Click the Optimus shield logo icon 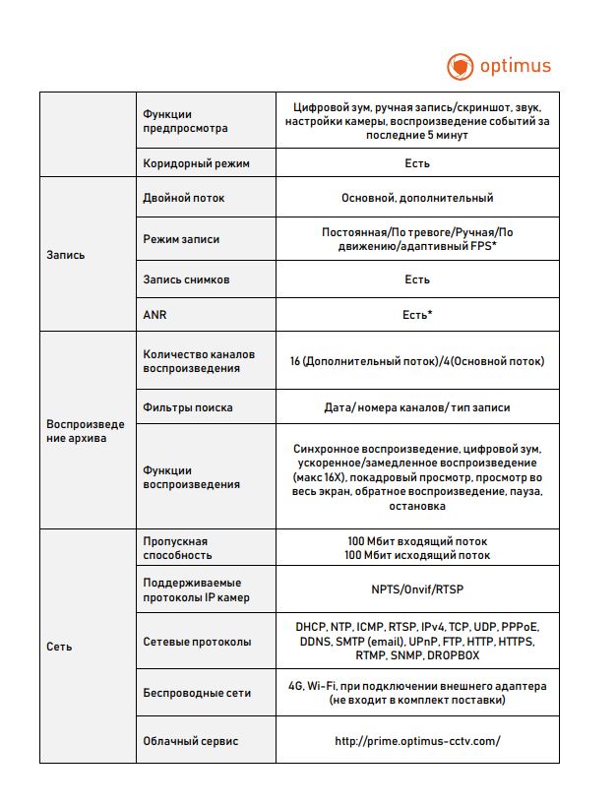(460, 67)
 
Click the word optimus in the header (515, 67)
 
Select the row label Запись (66, 255)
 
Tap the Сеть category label (59, 647)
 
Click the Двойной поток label (184, 198)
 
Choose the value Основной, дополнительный (417, 198)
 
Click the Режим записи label (182, 239)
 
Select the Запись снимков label (187, 279)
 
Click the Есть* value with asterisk (417, 314)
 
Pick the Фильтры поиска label (188, 407)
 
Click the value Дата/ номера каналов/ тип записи (417, 407)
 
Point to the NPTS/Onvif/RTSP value (417, 590)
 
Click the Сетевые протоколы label (197, 642)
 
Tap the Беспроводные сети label (197, 693)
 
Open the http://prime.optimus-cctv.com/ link (417, 741)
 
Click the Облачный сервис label (191, 741)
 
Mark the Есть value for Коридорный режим (417, 162)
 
